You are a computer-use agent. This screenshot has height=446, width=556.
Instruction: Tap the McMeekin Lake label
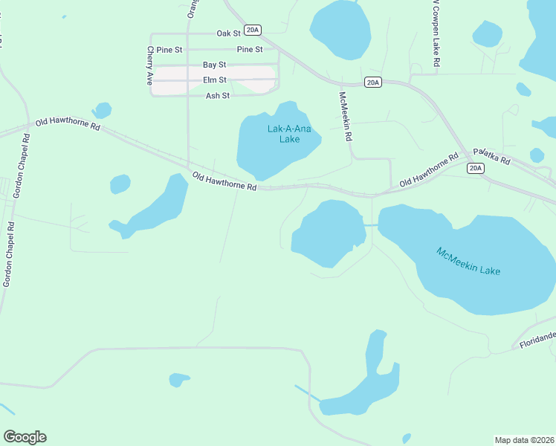[468, 261]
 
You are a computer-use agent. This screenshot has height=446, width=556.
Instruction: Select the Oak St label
[229, 33]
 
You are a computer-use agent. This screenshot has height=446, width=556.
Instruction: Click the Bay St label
[214, 65]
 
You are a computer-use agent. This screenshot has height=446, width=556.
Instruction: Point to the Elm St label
[214, 80]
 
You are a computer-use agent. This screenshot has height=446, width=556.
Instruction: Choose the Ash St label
[218, 96]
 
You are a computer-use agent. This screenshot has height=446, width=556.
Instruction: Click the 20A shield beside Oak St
[253, 30]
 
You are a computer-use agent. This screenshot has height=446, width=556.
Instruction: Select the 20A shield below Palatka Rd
[476, 169]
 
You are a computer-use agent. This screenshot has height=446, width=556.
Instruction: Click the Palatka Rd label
[492, 158]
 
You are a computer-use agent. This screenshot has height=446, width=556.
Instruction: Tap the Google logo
[25, 437]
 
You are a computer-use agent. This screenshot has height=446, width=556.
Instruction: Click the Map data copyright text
[525, 439]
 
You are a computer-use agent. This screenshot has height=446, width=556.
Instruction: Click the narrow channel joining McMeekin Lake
[371, 224]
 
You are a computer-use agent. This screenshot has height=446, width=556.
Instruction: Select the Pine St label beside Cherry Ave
[169, 50]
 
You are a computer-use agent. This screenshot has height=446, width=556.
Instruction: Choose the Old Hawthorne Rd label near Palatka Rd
[429, 172]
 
